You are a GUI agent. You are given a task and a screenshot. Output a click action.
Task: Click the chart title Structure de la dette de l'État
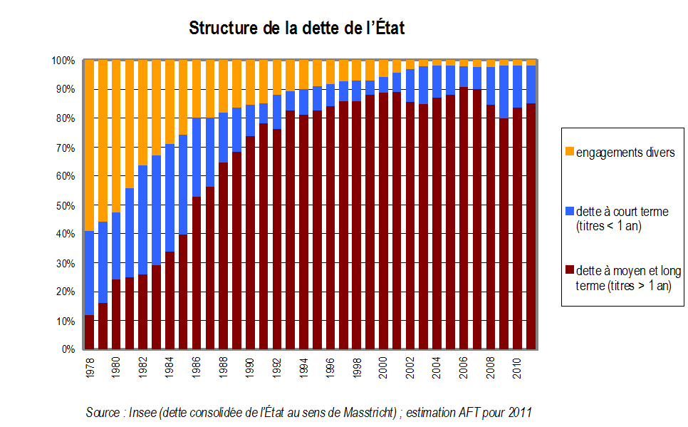pyautogui.click(x=297, y=29)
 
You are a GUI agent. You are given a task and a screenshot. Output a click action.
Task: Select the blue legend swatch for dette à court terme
pyautogui.click(x=570, y=212)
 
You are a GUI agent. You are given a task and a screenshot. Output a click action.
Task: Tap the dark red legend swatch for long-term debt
pyautogui.click(x=570, y=271)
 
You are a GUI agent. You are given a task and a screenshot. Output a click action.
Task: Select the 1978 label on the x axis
pyautogui.click(x=90, y=366)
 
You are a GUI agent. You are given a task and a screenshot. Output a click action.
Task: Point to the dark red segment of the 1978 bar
pyautogui.click(x=90, y=332)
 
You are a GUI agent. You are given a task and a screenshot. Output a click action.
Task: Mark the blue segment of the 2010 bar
pyautogui.click(x=518, y=86)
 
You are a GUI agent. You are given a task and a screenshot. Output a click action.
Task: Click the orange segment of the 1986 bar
pyautogui.click(x=197, y=89)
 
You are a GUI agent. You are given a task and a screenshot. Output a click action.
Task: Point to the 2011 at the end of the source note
pyautogui.click(x=520, y=413)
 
